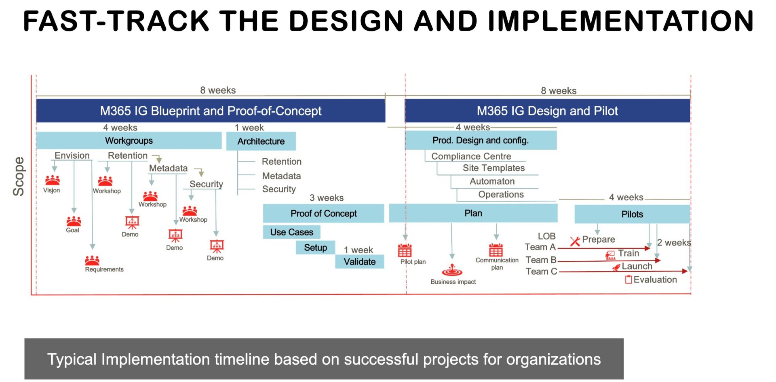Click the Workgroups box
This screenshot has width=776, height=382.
coord(129,141)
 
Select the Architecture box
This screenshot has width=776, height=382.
coord(261,141)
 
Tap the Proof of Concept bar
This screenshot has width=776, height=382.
coord(323,213)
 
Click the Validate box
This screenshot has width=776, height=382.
coord(359,262)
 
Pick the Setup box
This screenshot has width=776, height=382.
coord(315,248)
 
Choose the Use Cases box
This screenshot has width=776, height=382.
coord(291,232)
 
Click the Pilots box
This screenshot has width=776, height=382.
coord(632,214)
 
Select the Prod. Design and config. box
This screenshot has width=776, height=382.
coord(481,141)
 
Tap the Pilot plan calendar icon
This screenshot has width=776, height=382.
coord(405,250)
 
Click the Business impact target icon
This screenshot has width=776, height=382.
coord(452,271)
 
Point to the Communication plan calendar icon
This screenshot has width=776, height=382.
coord(496,250)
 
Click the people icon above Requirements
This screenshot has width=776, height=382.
coord(92,260)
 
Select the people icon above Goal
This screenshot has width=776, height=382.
coord(74,221)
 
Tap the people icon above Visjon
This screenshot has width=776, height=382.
coord(53,180)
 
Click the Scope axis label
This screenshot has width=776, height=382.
coord(19,176)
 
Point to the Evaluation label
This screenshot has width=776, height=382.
coord(655,279)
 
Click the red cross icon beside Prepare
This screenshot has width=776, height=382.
coord(575,241)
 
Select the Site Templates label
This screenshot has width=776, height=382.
coord(493,168)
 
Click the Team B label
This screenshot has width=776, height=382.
coord(541,260)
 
